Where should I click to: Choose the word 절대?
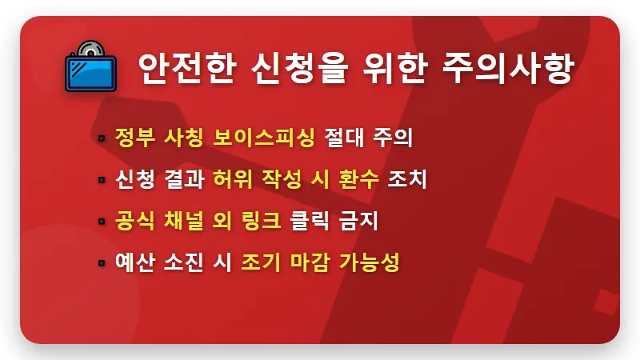[342, 137]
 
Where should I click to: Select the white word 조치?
[407, 179]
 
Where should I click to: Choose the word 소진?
[184, 262]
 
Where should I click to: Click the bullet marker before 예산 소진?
[102, 263]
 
